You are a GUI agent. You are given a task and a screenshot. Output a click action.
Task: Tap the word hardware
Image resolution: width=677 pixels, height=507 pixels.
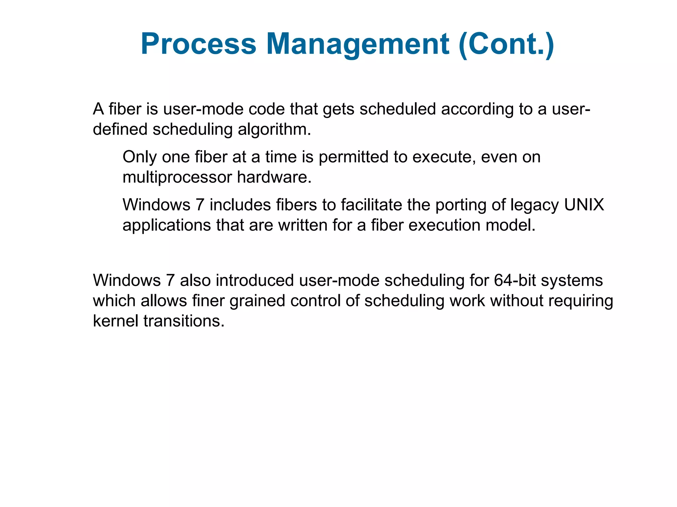tap(274, 177)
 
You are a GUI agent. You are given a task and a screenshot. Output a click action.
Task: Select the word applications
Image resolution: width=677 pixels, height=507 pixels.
tap(167, 225)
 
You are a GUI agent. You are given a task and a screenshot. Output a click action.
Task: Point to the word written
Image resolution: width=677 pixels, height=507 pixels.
tap(302, 225)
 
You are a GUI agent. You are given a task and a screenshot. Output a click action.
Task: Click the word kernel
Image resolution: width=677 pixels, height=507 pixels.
tap(115, 321)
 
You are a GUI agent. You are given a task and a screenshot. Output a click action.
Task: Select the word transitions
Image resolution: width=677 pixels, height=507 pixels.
tap(184, 321)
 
